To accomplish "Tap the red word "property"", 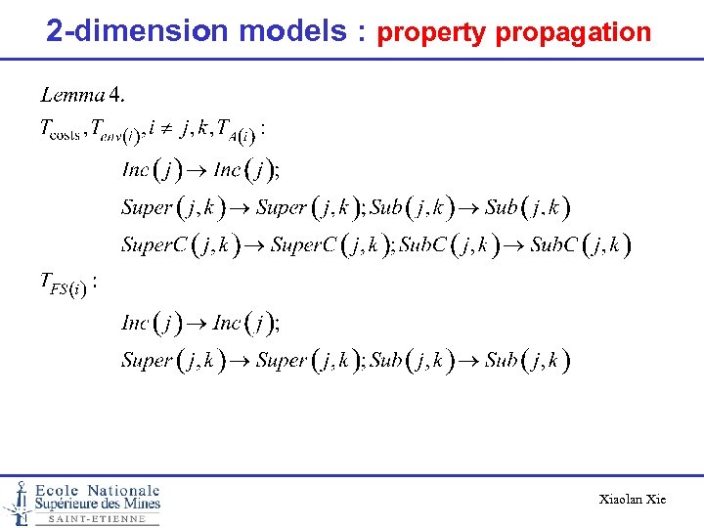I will [431, 32].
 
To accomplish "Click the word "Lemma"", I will [72, 95].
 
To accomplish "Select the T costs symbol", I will [60, 130].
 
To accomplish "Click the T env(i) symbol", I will [117, 131].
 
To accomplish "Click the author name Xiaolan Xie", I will [632, 500].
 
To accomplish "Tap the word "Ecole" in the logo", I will [58, 490].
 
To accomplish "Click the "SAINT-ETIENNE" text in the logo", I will [97, 519].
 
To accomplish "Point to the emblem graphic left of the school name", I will [17, 501].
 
